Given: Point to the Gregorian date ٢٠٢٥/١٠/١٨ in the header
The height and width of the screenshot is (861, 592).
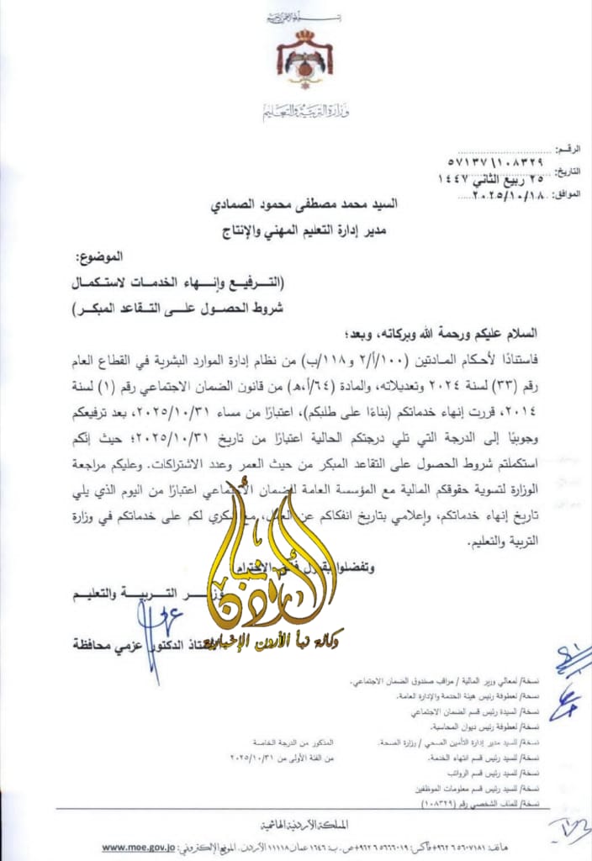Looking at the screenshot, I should (x=496, y=195).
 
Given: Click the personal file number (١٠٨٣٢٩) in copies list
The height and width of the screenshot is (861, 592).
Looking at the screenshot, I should (x=418, y=804).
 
